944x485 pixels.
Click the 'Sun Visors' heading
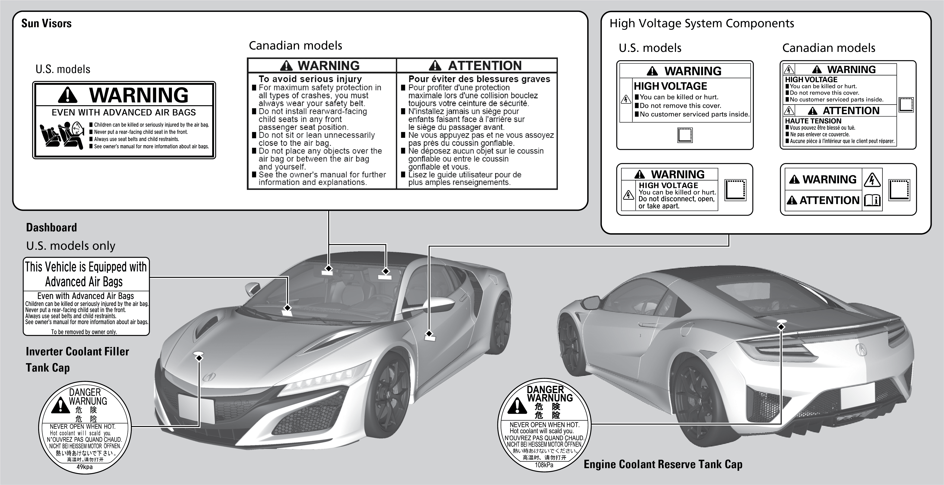click(46, 24)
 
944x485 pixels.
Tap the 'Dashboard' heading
click(51, 228)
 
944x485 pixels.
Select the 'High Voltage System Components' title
click(701, 24)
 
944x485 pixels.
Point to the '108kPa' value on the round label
click(544, 465)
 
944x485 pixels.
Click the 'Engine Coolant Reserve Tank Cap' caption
click(663, 464)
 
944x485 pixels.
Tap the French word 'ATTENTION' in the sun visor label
click(484, 66)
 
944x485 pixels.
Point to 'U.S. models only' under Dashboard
click(71, 246)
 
